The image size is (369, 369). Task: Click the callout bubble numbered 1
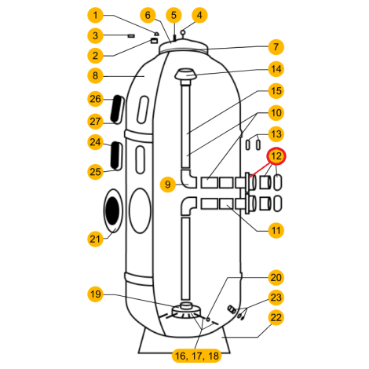[95, 15]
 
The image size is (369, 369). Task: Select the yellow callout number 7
[276, 47]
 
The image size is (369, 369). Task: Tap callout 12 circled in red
[276, 156]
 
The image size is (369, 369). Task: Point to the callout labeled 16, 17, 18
[197, 356]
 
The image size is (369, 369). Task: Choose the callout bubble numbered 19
[95, 294]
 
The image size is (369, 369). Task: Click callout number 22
[276, 317]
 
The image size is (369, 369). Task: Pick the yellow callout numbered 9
[168, 184]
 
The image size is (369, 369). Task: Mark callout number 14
[276, 69]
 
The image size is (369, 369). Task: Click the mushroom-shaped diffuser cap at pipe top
[186, 75]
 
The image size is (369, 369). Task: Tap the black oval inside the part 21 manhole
[113, 211]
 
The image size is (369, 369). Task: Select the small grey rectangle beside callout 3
[131, 35]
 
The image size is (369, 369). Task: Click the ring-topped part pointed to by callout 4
[183, 33]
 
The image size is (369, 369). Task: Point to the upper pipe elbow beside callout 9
[189, 179]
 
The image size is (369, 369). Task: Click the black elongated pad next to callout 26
[116, 108]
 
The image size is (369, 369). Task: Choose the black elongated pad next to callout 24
[115, 155]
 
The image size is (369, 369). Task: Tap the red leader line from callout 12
[260, 170]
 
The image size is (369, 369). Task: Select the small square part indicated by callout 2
[154, 41]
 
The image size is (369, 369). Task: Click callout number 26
[95, 99]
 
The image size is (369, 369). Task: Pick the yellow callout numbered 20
[276, 277]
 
